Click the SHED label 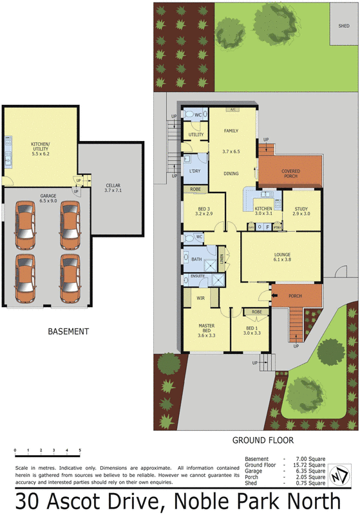343,26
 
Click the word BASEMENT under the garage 68,332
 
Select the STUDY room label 301,210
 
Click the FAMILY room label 231,131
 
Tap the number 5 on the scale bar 80,450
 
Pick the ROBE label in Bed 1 256,312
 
